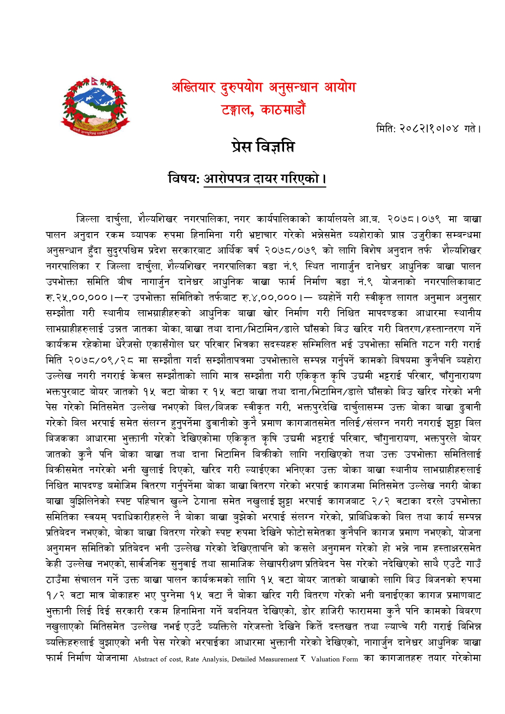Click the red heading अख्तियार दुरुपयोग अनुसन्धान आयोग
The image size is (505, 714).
264,87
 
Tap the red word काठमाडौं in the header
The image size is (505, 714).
283,110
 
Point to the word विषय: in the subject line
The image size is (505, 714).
184,178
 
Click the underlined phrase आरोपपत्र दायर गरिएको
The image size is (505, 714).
265,179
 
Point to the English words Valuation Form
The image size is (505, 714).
334,659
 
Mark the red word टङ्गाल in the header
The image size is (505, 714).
238,110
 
